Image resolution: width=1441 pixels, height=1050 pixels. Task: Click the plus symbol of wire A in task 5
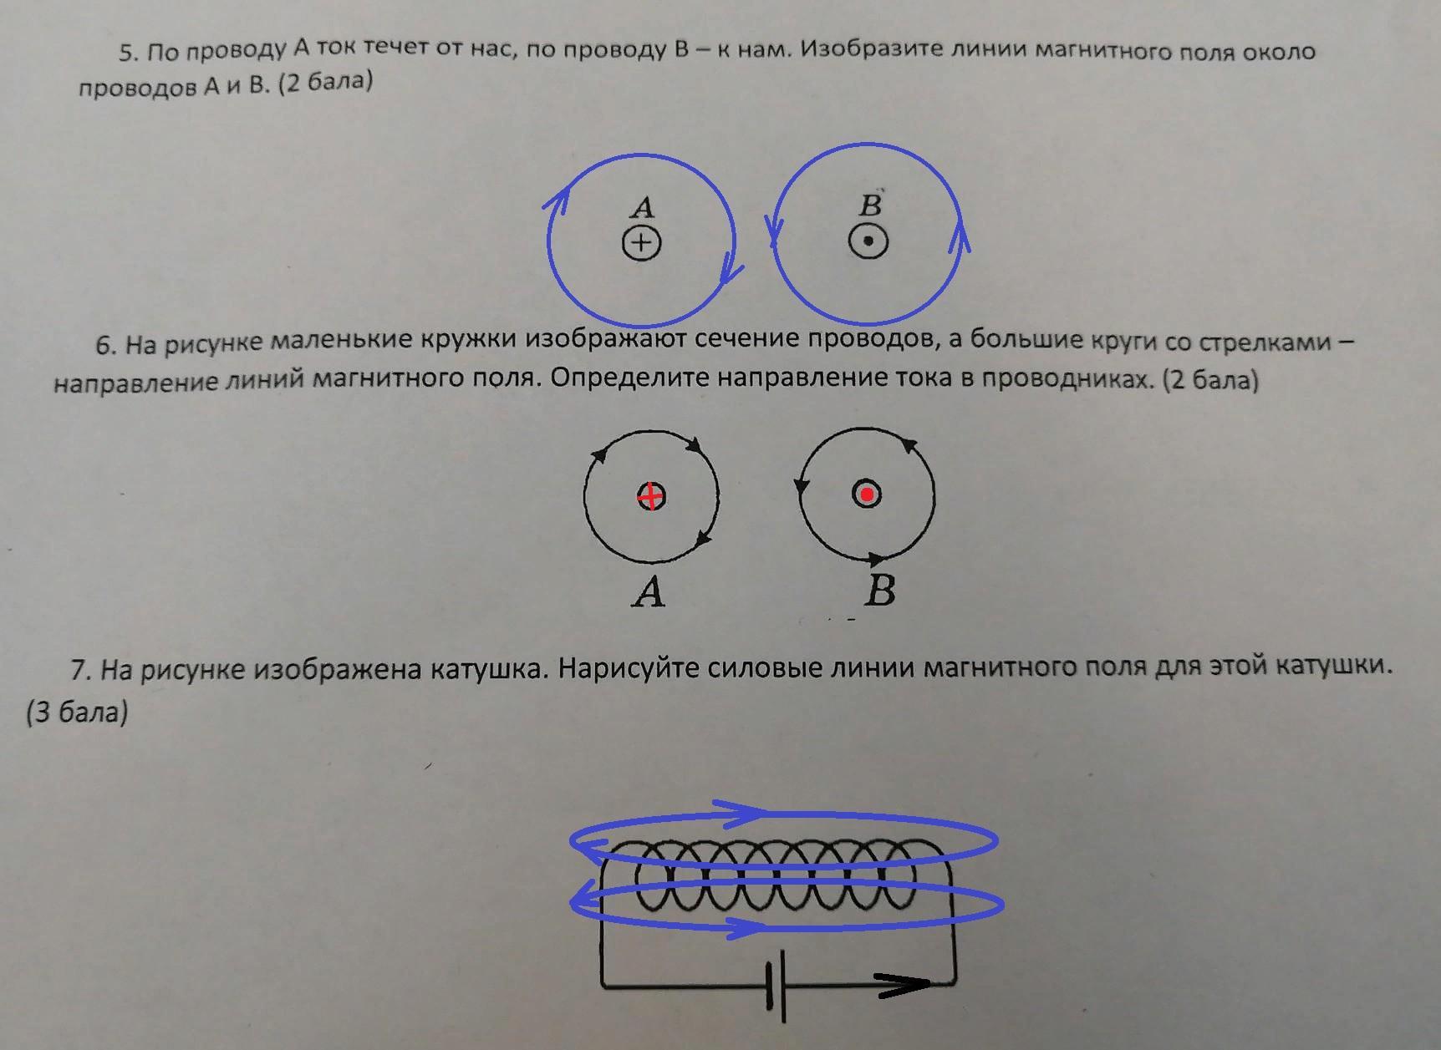(x=641, y=243)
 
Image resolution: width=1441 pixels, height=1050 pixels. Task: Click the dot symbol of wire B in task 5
(x=868, y=242)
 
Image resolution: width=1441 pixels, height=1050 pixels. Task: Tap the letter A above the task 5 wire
(x=642, y=206)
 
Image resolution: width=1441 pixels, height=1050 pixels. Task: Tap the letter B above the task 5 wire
(x=871, y=204)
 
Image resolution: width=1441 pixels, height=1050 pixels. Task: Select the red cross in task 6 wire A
(x=651, y=497)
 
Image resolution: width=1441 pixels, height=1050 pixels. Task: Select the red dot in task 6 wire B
(x=867, y=495)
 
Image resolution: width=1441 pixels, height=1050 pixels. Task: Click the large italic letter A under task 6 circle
(x=649, y=592)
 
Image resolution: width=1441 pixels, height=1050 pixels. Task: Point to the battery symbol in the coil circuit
(x=777, y=986)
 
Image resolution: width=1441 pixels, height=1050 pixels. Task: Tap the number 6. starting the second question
(x=105, y=346)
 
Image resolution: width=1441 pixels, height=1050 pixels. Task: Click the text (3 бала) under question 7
(x=77, y=713)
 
